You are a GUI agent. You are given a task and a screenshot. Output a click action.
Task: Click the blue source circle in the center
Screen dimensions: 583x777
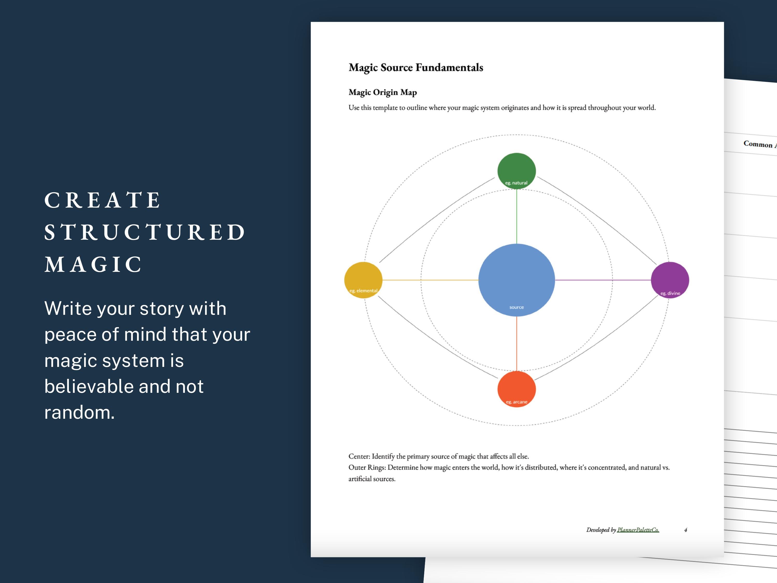tap(516, 280)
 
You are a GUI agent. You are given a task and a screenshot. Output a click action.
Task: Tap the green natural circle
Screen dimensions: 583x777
tap(516, 170)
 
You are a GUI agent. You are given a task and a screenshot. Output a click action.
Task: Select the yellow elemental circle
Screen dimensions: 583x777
tap(363, 280)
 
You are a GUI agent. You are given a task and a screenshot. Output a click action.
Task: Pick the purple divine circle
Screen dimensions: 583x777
tap(670, 280)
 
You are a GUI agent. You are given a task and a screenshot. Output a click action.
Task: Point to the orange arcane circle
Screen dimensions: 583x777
tap(516, 389)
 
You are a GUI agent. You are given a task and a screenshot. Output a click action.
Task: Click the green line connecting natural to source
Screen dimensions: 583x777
tap(516, 216)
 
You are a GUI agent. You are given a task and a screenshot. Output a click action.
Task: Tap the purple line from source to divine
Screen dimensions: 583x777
tap(602, 280)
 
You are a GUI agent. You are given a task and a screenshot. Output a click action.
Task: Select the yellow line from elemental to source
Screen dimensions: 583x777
tap(430, 280)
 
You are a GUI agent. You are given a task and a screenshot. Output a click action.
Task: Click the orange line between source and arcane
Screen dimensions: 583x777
tap(516, 344)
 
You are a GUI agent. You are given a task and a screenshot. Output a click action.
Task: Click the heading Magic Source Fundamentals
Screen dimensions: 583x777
tap(415, 67)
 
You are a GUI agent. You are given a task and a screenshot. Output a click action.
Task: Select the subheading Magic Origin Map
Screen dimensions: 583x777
tap(383, 93)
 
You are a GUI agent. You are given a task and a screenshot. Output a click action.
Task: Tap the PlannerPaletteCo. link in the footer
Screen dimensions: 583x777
tap(638, 530)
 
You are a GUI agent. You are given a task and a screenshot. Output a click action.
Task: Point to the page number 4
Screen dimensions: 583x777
tap(685, 530)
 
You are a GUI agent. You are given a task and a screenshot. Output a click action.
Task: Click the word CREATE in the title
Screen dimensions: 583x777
tap(102, 200)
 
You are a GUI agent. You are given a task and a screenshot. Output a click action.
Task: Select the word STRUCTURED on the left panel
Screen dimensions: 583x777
tap(144, 232)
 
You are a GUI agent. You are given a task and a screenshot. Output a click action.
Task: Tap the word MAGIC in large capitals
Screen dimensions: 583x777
tap(93, 264)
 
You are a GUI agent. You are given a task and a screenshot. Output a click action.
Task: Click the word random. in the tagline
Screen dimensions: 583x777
tap(80, 412)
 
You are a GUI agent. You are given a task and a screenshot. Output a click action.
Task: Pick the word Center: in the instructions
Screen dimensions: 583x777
tap(359, 457)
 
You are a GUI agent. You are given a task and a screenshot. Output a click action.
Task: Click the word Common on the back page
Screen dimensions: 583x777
tap(758, 144)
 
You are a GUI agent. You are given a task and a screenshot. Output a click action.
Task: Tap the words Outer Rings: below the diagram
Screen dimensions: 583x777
tap(367, 468)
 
